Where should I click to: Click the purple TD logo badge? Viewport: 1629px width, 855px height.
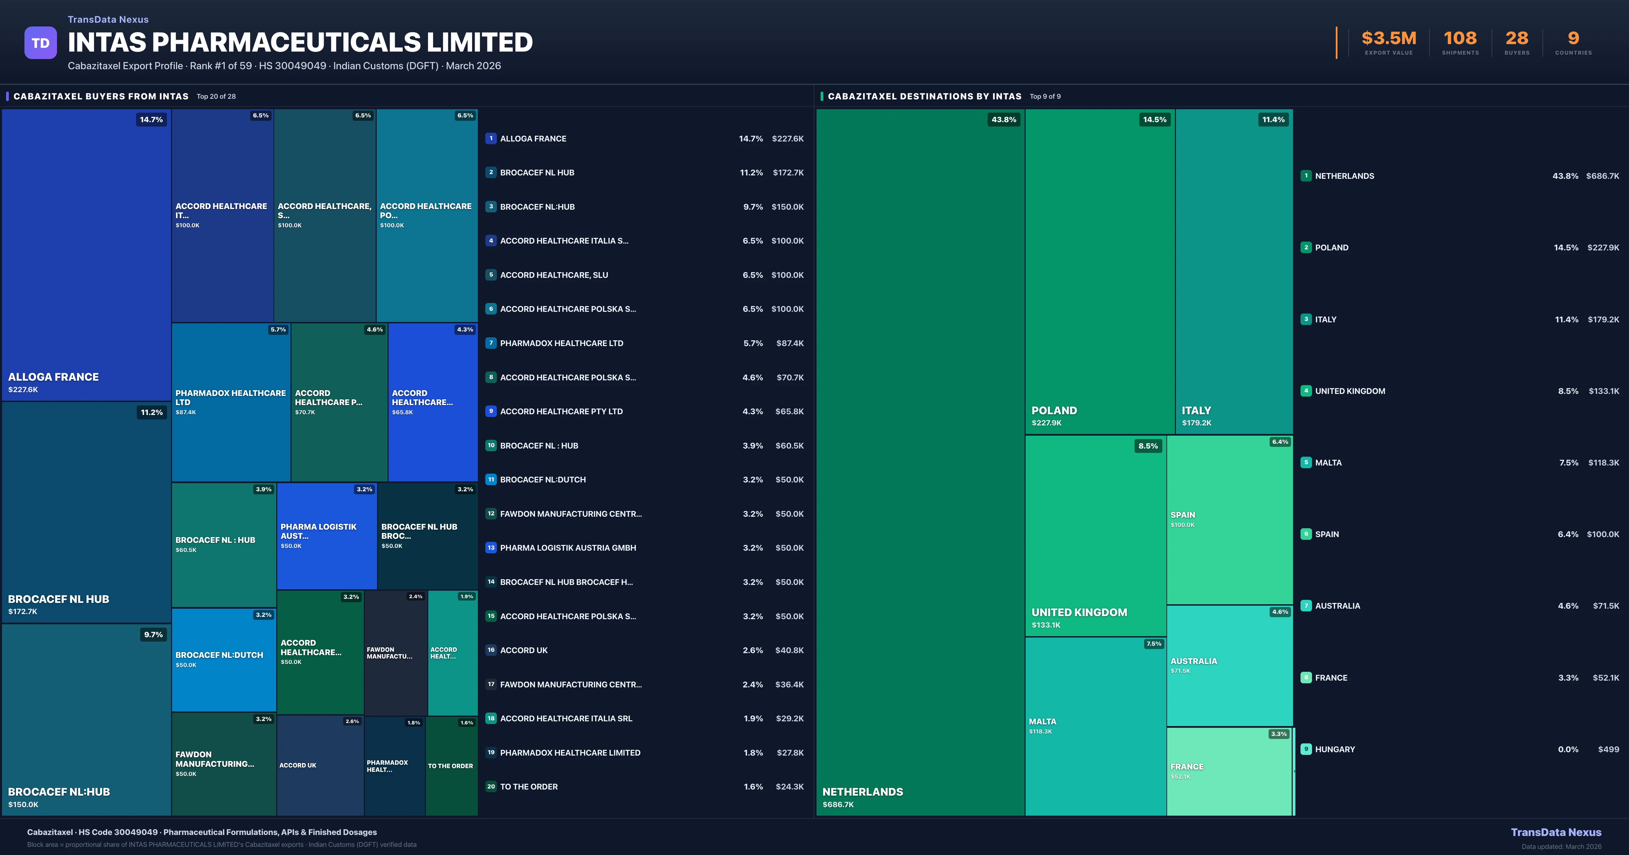[40, 43]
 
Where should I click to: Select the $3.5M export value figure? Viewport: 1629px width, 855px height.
[1389, 39]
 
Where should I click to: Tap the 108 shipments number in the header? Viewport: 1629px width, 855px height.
[1460, 39]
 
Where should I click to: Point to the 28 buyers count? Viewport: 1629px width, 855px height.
[1516, 39]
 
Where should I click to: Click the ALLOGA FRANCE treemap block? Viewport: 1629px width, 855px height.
[86, 253]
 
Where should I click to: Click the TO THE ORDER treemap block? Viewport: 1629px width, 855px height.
[451, 766]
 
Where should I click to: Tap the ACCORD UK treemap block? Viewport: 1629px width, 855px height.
[320, 765]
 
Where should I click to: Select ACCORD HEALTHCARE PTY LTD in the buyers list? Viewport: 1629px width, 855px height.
[561, 412]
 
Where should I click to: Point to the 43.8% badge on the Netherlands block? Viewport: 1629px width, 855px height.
[1004, 119]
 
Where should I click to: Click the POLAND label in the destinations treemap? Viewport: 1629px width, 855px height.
[1054, 411]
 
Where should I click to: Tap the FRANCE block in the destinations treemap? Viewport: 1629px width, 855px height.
[1229, 772]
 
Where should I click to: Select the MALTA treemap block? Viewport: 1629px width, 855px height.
[1095, 726]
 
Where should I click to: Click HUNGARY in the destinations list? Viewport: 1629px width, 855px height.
[1335, 749]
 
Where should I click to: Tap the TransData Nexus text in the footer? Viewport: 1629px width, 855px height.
[1556, 832]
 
